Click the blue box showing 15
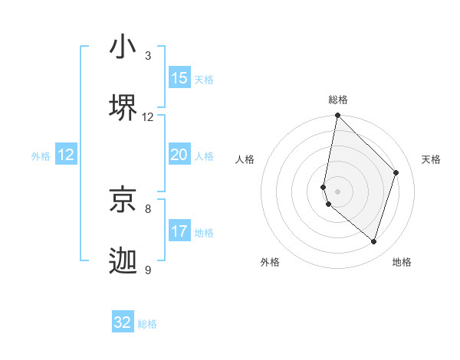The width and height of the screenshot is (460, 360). (x=179, y=78)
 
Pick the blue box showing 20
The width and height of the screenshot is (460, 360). (x=179, y=155)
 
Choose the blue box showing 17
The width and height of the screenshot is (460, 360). (x=179, y=231)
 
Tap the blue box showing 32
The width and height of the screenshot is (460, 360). (x=123, y=322)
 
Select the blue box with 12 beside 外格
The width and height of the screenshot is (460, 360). (x=66, y=155)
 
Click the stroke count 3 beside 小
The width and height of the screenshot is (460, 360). (x=148, y=56)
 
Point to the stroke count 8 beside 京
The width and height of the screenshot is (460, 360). (x=148, y=208)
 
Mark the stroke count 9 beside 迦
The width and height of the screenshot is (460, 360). (x=148, y=270)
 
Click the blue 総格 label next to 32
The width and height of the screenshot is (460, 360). (x=147, y=324)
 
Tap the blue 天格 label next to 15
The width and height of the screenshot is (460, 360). (x=204, y=80)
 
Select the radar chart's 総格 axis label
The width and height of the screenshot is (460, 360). (x=338, y=100)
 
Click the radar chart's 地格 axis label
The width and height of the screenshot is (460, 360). (x=402, y=262)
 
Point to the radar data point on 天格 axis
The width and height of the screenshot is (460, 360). (x=396, y=172)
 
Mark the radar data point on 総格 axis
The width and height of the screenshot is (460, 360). (x=337, y=116)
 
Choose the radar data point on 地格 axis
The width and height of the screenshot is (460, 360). (x=373, y=241)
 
